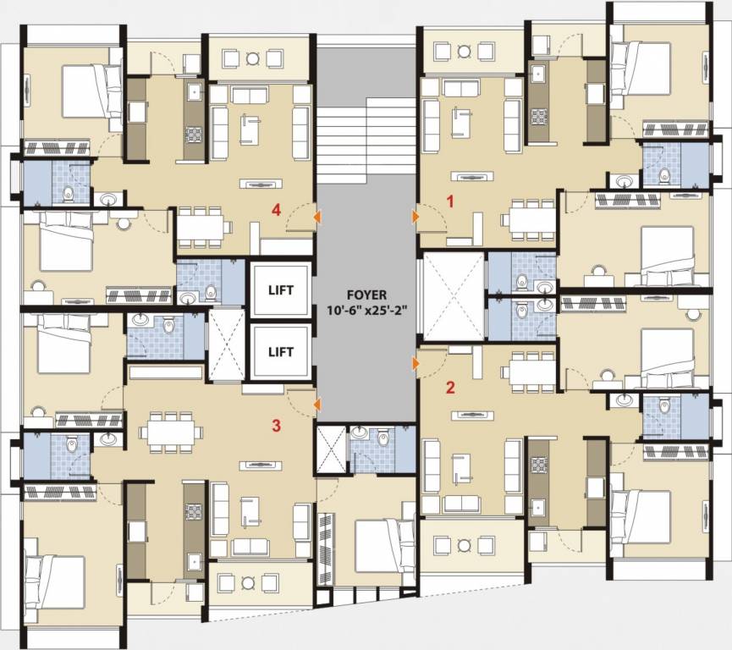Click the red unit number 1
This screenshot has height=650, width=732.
[451, 201]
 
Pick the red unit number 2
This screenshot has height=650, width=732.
[450, 388]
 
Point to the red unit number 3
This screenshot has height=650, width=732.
[276, 425]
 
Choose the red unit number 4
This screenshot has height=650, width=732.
[276, 211]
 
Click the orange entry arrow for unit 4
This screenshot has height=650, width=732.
[316, 218]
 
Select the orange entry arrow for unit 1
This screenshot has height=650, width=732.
[416, 217]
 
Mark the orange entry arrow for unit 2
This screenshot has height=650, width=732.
[416, 364]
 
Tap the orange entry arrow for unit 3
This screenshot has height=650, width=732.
[316, 405]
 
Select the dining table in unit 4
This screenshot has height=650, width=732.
[203, 226]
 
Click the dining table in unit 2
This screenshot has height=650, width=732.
[531, 372]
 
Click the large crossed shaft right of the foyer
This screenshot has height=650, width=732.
[453, 297]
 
